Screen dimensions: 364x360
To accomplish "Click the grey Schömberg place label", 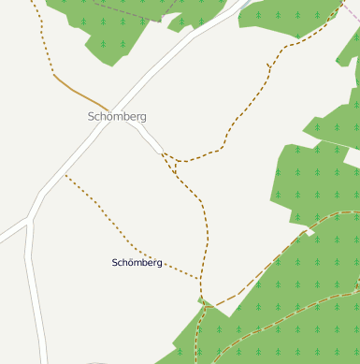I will (x=117, y=117).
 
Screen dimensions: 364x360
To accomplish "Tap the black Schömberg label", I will (x=137, y=263).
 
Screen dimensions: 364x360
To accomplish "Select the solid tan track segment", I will (x=79, y=91).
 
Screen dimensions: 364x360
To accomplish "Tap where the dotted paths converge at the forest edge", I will (x=201, y=298).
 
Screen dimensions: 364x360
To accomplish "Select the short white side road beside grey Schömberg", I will (x=146, y=138).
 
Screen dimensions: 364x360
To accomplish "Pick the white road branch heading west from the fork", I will (x=11, y=231).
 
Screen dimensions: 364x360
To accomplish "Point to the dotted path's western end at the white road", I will (x=65, y=175).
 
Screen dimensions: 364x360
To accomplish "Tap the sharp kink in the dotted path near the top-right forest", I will (x=268, y=65).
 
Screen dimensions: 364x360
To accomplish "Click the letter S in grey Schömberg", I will (x=92, y=117).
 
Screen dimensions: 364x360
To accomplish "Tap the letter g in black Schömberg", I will (x=160, y=264).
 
